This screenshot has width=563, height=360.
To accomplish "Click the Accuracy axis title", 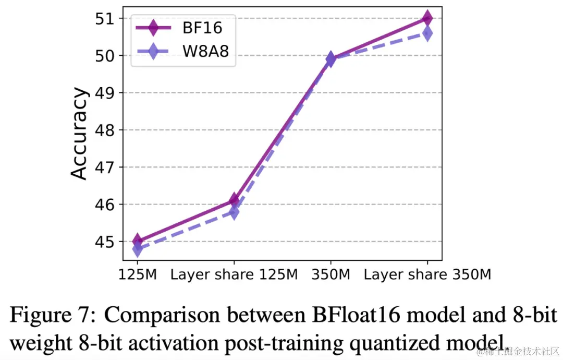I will coord(79,134).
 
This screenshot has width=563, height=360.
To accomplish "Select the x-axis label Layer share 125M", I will coord(234,274).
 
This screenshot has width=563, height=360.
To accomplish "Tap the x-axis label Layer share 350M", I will coord(427,274).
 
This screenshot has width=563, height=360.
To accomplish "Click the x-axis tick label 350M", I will coord(331,274).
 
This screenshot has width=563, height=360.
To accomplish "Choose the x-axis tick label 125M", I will coord(138,274).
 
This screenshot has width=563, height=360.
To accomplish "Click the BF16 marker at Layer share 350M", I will coord(427,18).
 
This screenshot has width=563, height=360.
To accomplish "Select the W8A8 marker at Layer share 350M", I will coord(427,34).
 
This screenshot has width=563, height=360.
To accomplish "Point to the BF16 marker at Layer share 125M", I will coord(234,200).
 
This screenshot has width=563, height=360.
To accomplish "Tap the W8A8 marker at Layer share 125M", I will coord(234,212).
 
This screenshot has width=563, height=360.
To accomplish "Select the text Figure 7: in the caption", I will coord(53,316).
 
